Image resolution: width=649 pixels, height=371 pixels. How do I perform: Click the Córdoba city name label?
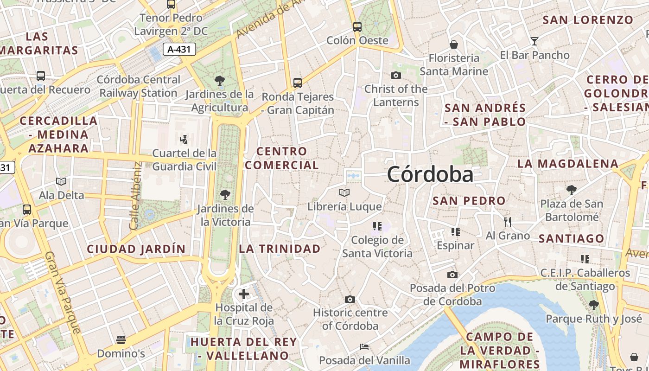(430, 175)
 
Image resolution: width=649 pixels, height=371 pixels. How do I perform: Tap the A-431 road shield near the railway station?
(179, 49)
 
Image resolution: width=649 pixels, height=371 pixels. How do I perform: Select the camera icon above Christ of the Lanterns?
(396, 75)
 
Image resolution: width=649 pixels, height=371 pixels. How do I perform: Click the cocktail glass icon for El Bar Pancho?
(534, 41)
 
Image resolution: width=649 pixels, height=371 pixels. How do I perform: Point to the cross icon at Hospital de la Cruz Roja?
(244, 294)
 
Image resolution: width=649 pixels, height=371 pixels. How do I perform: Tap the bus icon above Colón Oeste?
(357, 26)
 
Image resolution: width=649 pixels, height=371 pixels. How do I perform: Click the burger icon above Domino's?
(121, 340)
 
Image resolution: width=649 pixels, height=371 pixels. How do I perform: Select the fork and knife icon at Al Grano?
(508, 222)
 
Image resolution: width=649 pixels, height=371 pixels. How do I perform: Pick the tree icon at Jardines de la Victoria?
(225, 195)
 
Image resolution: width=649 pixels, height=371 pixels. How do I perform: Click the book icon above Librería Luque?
(344, 192)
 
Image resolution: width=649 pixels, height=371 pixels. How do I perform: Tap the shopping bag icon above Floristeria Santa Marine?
(454, 45)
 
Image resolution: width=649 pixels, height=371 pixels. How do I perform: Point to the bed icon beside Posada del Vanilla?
(364, 347)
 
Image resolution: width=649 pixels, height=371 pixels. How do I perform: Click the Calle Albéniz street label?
(135, 195)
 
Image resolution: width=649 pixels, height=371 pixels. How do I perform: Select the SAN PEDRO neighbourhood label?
(469, 201)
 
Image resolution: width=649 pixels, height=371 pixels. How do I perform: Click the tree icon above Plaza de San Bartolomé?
(572, 190)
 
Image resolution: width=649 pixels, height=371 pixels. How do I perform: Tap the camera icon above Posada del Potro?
(452, 275)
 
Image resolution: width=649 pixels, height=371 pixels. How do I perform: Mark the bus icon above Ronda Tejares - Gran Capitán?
(298, 83)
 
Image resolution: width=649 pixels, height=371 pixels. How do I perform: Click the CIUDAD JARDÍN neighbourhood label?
(136, 249)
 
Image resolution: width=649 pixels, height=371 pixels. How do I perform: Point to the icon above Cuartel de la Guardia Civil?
(184, 139)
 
